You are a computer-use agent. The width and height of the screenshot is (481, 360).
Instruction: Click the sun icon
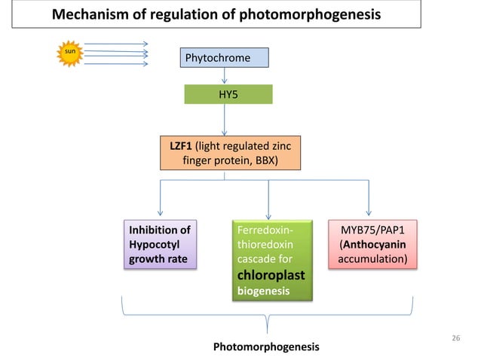click(70, 53)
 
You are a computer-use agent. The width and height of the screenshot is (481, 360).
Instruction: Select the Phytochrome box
click(223, 57)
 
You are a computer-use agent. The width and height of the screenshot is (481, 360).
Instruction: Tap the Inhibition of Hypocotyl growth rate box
click(160, 245)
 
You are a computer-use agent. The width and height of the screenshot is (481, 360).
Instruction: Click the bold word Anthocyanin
click(375, 245)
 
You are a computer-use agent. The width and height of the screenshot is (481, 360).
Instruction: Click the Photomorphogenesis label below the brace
click(266, 346)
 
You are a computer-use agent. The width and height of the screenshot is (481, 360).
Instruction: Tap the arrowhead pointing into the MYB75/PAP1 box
click(369, 212)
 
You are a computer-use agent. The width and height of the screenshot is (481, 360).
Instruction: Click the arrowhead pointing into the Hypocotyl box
click(160, 212)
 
